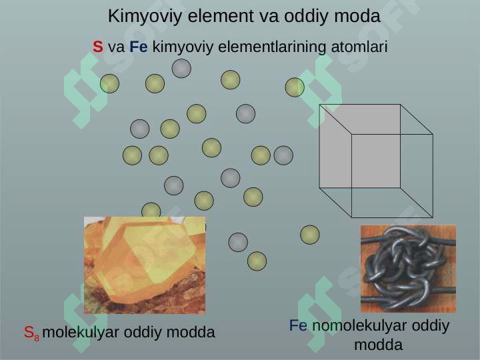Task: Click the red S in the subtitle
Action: [97, 47]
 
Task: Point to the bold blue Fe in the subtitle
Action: [139, 47]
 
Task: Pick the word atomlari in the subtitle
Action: [359, 47]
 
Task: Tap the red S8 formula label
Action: [31, 333]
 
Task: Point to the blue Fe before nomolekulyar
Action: [298, 325]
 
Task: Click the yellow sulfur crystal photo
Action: [145, 265]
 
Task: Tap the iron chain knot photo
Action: [408, 269]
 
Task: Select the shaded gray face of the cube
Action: [360, 146]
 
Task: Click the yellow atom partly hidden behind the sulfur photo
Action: [151, 210]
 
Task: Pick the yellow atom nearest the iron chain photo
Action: [310, 235]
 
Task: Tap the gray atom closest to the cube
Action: [283, 155]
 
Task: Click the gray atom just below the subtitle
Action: [181, 68]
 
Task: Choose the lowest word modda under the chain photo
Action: [379, 345]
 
